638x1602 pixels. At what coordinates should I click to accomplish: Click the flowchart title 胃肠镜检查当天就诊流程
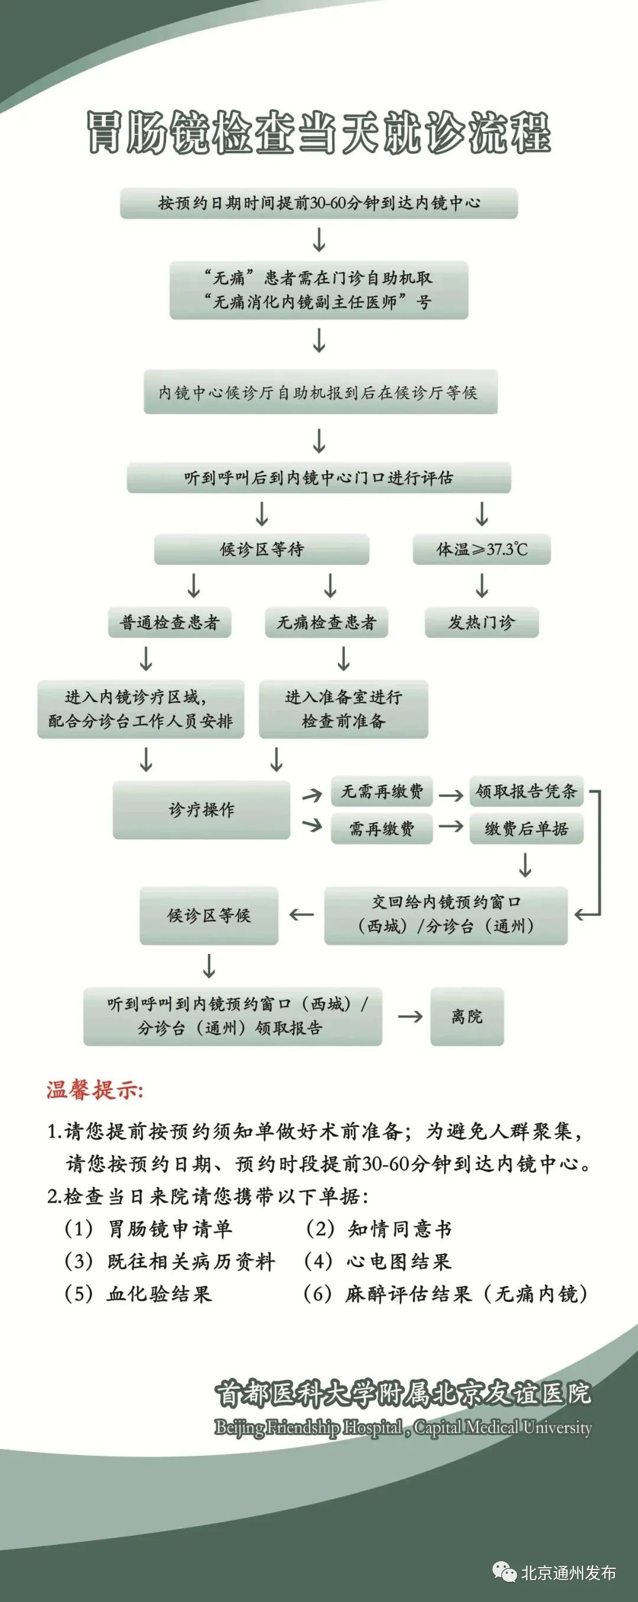(x=318, y=132)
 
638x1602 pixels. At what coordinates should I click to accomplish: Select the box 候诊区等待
(x=262, y=549)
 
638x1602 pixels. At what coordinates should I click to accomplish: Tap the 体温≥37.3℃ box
(x=482, y=549)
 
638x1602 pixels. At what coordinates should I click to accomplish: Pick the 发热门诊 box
(x=482, y=622)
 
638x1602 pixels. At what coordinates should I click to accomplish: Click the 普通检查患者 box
(x=170, y=622)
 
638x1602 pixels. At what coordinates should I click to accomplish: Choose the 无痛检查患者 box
(x=327, y=622)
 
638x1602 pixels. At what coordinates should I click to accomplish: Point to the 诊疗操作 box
(x=201, y=810)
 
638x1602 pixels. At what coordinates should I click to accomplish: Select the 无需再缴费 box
(x=382, y=791)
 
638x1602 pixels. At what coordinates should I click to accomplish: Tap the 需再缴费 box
(x=382, y=828)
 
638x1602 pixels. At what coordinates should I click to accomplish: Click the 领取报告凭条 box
(x=527, y=791)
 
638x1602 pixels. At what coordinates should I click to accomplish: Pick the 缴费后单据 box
(x=527, y=828)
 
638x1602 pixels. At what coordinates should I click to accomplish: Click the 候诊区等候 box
(x=209, y=915)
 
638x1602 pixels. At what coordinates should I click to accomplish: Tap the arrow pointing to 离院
(x=410, y=1016)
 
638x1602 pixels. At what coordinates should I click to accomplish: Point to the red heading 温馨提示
(x=95, y=1090)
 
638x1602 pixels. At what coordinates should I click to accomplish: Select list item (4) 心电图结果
(x=377, y=1261)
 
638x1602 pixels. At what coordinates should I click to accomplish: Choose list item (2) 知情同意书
(x=379, y=1229)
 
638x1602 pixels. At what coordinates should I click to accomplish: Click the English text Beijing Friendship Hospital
(x=308, y=1426)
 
